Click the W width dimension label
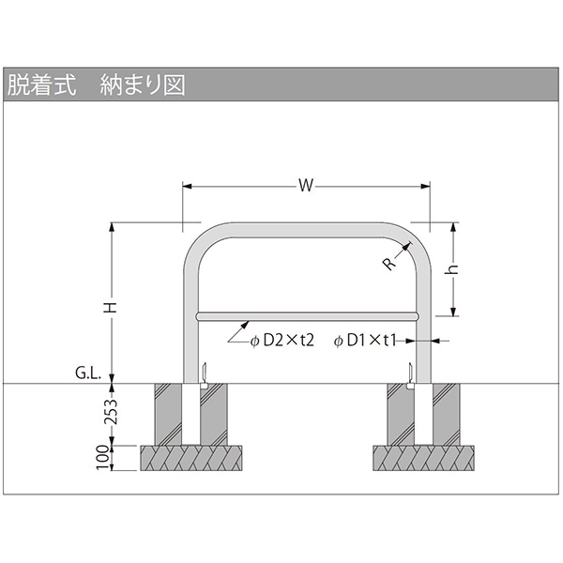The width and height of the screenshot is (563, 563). tap(306, 186)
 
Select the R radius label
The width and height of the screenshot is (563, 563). tap(389, 264)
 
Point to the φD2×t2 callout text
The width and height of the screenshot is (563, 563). tap(282, 341)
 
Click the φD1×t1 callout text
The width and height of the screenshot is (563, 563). tap(365, 341)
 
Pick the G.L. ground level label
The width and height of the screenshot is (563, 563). tap(88, 373)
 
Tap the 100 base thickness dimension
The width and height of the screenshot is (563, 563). tap(103, 458)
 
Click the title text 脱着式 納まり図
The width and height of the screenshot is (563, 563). tap(97, 85)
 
